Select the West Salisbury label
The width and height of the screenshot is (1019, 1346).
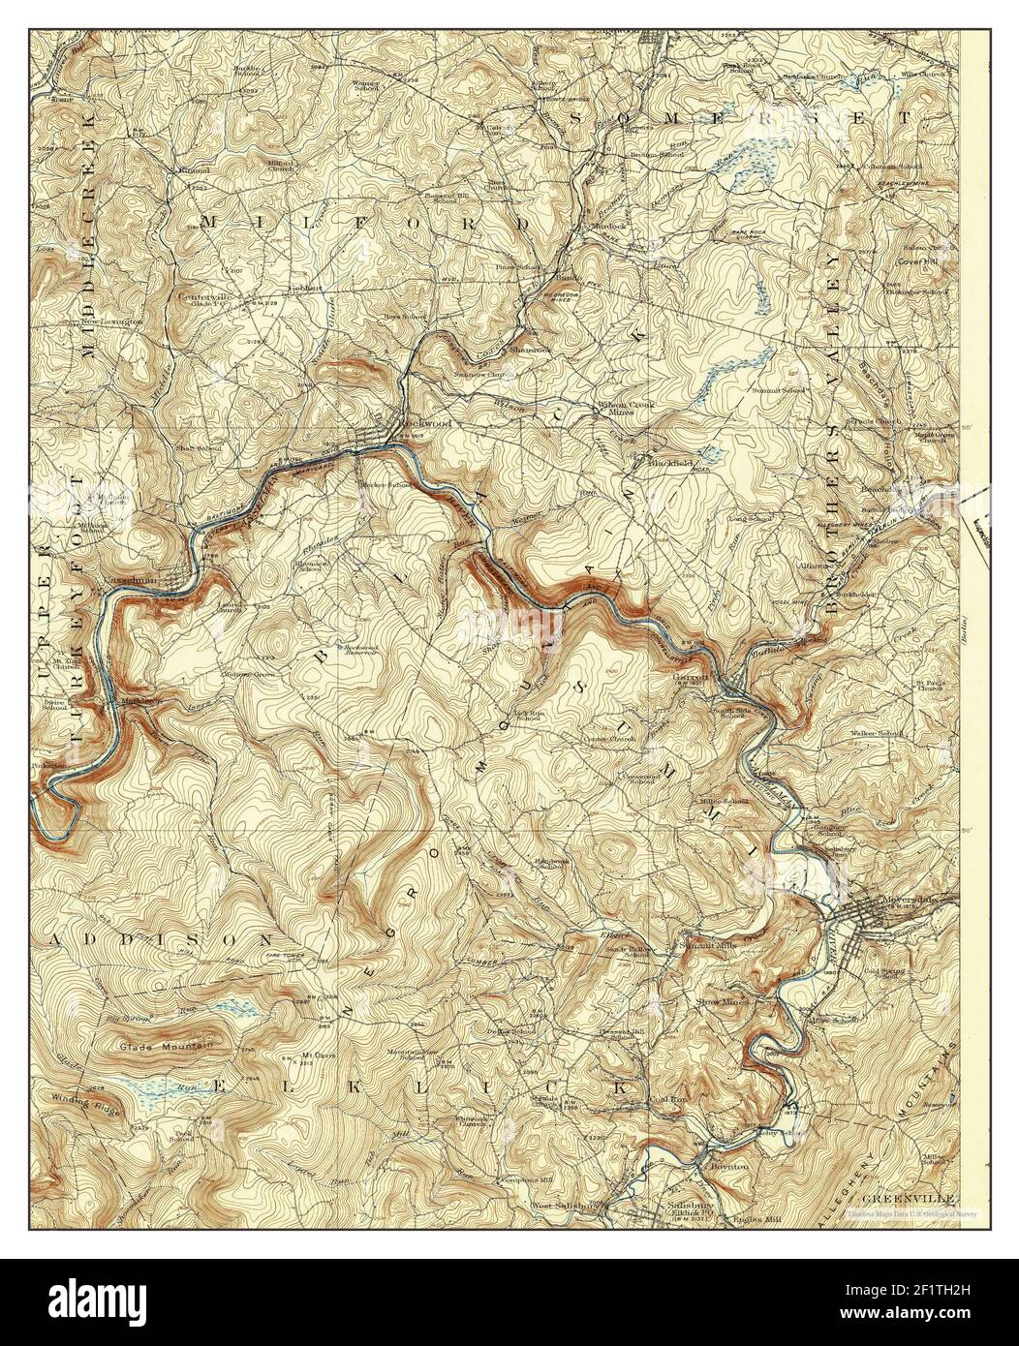[565, 1206]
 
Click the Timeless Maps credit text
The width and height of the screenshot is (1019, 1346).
[911, 1213]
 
